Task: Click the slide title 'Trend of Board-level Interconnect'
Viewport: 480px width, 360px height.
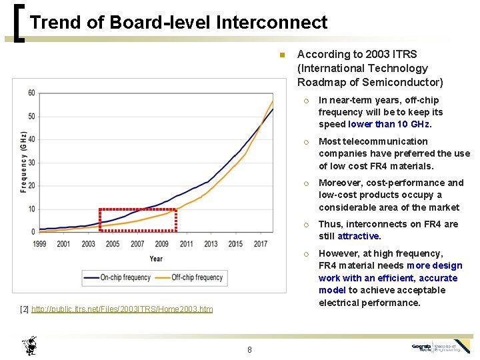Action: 179,23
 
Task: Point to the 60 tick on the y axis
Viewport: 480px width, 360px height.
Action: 31,93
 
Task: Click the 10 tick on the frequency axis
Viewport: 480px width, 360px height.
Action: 31,209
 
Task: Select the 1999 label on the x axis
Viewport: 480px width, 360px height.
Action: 39,244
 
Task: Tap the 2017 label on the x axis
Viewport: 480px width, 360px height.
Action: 260,244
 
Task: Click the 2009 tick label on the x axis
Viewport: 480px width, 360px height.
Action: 162,244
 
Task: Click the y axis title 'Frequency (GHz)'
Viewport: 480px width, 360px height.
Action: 23,162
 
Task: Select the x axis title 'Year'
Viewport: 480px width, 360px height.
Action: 156,258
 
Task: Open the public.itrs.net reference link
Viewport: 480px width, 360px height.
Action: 122,309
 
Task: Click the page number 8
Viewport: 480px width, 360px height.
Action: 249,349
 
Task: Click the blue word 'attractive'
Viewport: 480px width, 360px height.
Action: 359,236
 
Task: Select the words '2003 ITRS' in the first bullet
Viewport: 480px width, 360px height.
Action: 394,54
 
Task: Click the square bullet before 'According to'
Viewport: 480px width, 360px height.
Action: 282,55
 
